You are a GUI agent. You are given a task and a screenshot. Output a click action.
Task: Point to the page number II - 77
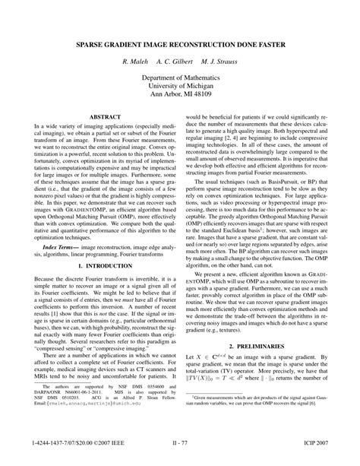[x=179, y=442]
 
